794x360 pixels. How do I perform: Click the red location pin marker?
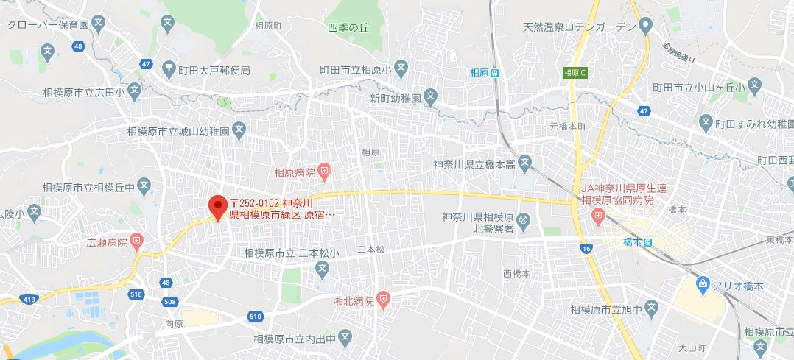pos(217,205)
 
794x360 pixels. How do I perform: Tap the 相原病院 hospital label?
pos(294,173)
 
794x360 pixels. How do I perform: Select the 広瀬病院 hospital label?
pos(108,241)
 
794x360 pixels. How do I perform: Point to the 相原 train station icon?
pos(496,72)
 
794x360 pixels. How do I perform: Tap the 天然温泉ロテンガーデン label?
pos(578,27)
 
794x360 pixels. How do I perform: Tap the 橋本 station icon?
pos(647,241)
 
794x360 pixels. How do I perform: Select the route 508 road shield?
pos(171,302)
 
